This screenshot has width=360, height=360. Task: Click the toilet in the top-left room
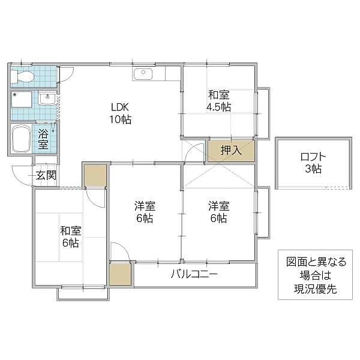24,76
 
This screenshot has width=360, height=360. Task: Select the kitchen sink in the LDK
143,74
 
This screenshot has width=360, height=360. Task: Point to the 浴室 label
44,139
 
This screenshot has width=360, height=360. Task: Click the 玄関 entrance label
46,175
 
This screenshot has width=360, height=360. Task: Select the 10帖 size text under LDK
120,119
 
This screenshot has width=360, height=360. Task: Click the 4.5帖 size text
218,107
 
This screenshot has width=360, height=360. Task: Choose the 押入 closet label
231,150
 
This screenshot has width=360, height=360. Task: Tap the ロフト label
312,158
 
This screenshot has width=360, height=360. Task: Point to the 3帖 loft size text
312,169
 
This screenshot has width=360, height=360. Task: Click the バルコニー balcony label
194,275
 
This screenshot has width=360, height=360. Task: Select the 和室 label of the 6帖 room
71,231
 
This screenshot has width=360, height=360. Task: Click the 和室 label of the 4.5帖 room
218,95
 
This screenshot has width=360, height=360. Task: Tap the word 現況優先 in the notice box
312,290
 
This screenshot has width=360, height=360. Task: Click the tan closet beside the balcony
120,274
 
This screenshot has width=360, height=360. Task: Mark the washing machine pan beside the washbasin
23,98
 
